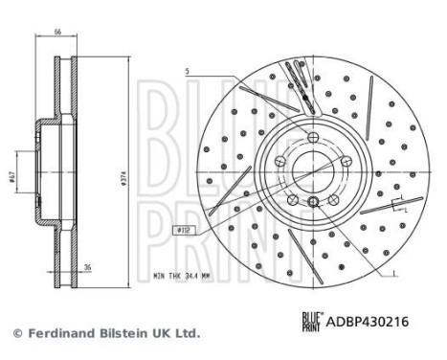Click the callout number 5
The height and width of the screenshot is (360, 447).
coord(188,73)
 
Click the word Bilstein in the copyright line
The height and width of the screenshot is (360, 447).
coord(124,333)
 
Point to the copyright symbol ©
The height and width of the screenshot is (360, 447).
coord(15,333)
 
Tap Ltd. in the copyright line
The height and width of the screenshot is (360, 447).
coord(186,333)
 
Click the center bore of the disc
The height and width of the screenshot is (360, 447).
coord(312,169)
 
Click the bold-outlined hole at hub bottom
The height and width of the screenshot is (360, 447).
coord(313,200)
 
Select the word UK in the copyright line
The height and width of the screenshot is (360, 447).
coord(162,333)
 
